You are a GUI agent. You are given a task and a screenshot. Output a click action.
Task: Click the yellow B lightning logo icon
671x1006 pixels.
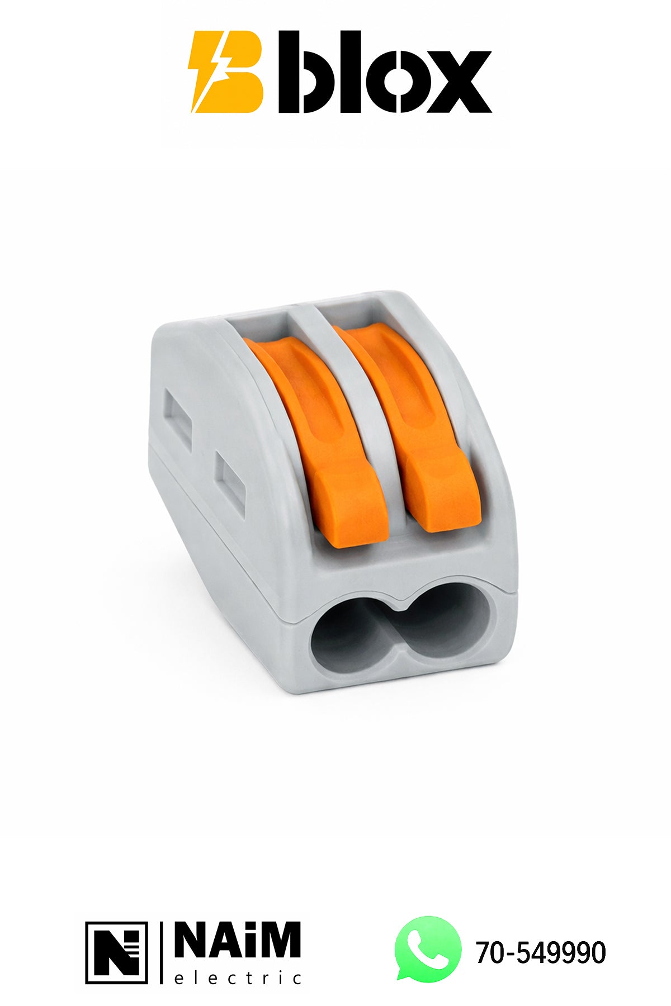coord(226,72)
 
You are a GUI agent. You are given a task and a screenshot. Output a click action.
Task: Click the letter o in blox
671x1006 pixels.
coord(395,82)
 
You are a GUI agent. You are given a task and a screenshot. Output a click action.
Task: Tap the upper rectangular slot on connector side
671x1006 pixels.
coord(178,414)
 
